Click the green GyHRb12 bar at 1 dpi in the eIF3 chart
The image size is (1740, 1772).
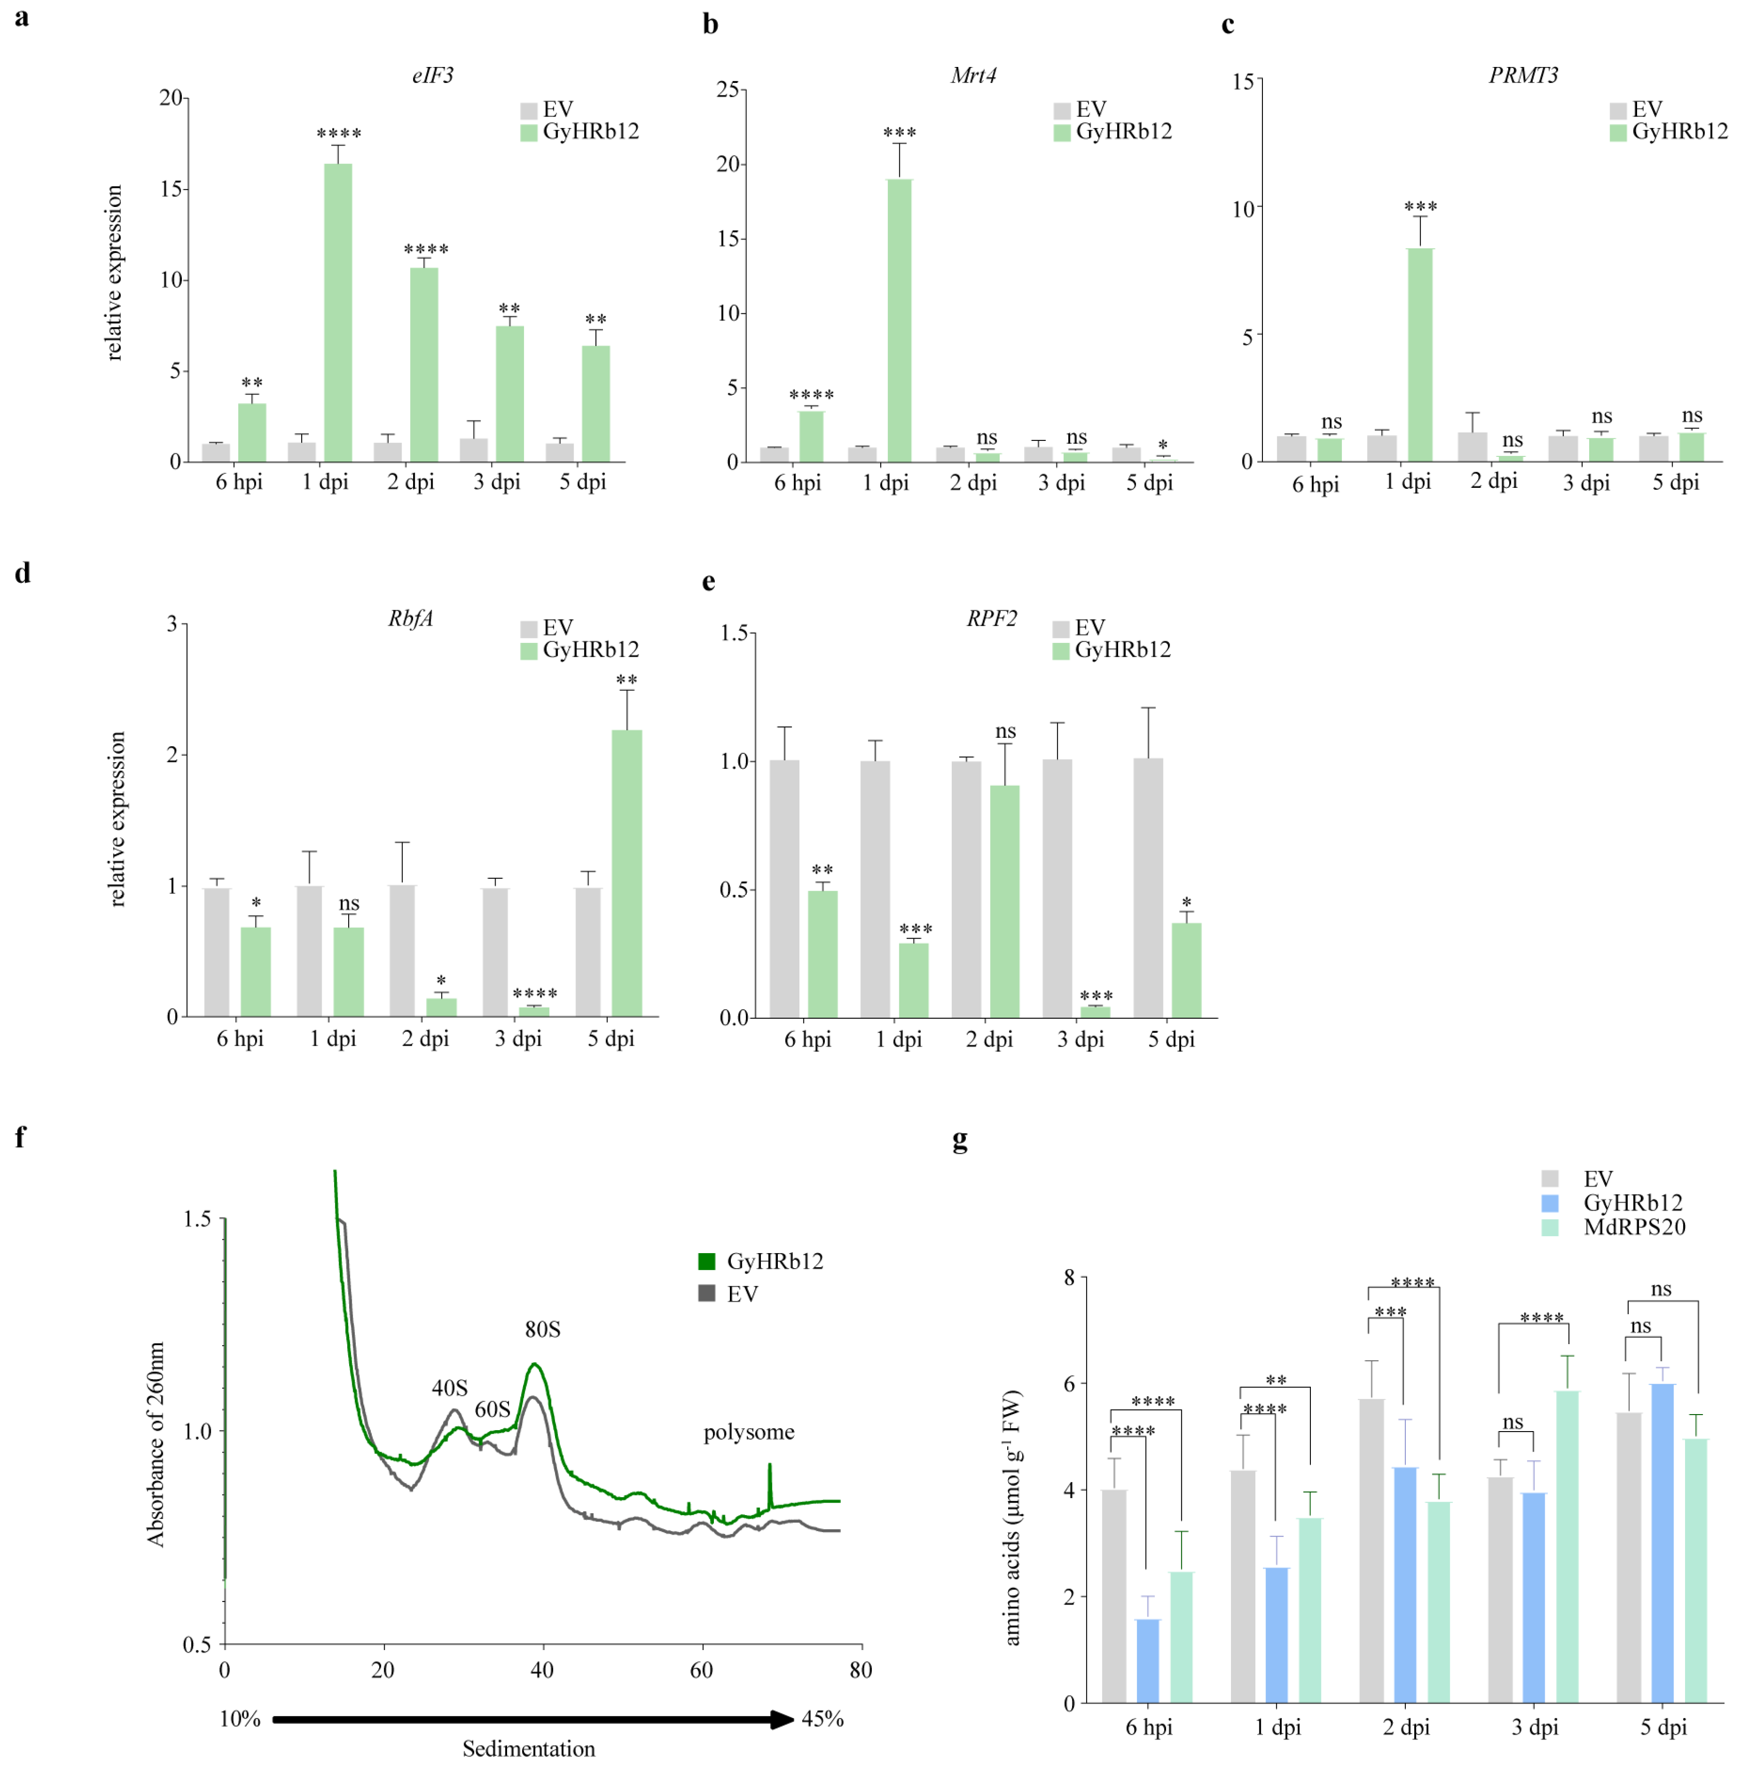click(x=338, y=313)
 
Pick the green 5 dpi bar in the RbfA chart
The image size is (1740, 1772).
click(x=627, y=873)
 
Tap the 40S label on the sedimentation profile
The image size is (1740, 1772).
click(x=450, y=1388)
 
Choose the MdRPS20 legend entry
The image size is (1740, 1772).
click(x=1634, y=1227)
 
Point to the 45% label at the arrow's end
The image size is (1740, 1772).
click(x=822, y=1719)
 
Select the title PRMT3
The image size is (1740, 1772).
click(x=1523, y=75)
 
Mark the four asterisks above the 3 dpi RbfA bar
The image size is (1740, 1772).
click(x=535, y=993)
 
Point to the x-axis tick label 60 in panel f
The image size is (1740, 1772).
click(x=701, y=1670)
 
